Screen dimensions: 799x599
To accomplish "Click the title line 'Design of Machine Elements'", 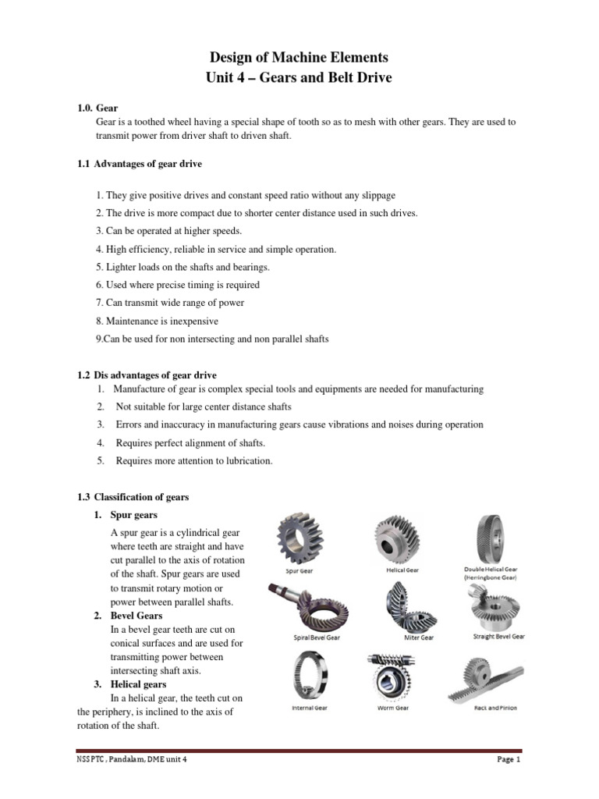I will click(x=299, y=58).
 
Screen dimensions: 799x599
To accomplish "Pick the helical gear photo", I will click(x=402, y=538).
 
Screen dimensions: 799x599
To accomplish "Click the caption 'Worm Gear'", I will click(x=392, y=708).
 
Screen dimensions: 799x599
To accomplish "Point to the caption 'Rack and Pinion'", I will click(x=495, y=708).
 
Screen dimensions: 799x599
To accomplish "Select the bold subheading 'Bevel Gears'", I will click(x=136, y=616).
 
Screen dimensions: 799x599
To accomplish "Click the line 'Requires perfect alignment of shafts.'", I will click(x=190, y=442).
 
